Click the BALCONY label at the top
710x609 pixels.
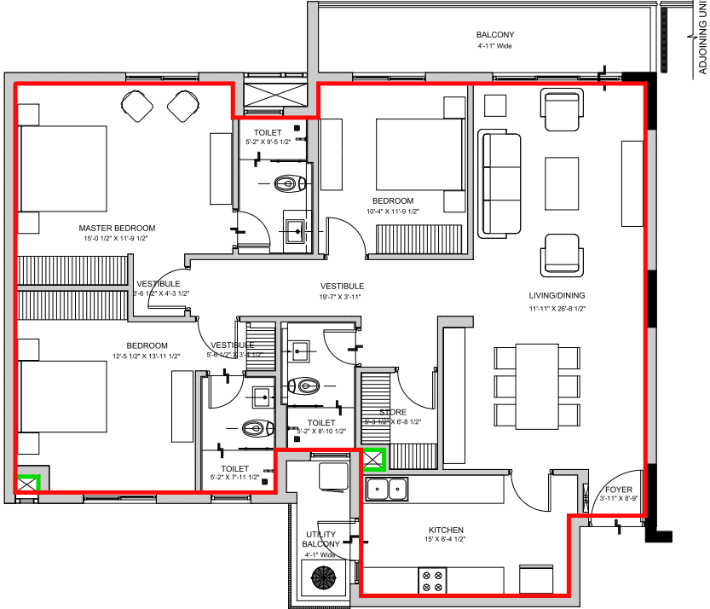click(x=495, y=35)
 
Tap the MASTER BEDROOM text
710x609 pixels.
click(x=117, y=228)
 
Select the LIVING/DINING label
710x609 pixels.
click(x=557, y=296)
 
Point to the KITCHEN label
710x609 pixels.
click(x=446, y=530)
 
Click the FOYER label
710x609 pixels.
click(x=619, y=490)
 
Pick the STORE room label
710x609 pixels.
click(x=393, y=412)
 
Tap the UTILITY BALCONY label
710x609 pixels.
click(x=322, y=539)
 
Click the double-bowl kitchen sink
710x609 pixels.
click(x=388, y=490)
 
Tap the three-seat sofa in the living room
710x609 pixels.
click(x=499, y=184)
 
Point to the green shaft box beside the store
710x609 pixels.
click(x=373, y=460)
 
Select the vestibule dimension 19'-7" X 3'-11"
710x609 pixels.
click(x=342, y=297)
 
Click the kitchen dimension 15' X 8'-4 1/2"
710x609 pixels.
click(x=446, y=539)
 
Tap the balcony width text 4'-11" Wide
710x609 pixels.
click(x=495, y=45)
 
